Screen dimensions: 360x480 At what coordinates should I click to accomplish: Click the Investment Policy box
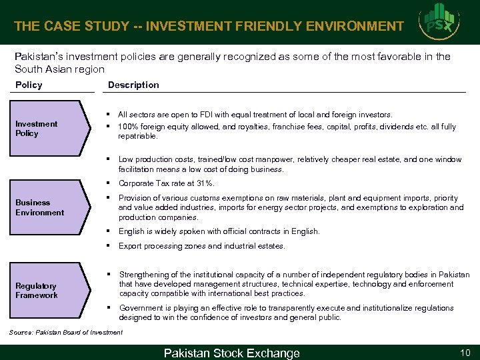click(47, 129)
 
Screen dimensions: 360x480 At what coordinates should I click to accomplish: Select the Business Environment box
click(47, 207)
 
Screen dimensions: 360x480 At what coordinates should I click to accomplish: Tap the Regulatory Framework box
click(47, 290)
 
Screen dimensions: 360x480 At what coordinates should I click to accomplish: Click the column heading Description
click(133, 85)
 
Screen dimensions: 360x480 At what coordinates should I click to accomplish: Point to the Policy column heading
click(29, 85)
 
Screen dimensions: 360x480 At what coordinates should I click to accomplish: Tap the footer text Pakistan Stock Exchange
click(232, 353)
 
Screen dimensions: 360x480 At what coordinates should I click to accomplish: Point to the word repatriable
click(138, 136)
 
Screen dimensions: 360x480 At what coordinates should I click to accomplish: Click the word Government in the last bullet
click(141, 308)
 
